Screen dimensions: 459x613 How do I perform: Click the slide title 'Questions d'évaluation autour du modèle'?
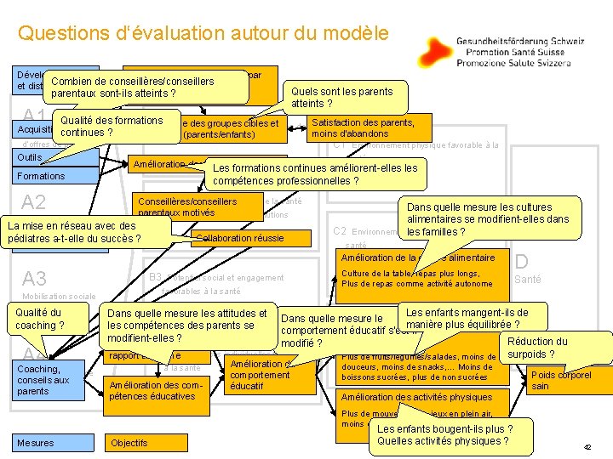[203, 34]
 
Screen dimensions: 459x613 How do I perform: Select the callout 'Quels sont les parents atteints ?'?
[341, 96]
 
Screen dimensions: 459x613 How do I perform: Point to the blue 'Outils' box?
[34, 158]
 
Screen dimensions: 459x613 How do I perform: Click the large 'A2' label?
[35, 202]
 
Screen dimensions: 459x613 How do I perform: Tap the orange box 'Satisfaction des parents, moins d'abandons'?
[364, 127]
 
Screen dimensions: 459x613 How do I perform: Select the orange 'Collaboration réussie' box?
[240, 238]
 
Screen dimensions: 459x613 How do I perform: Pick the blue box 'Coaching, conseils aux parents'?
[49, 380]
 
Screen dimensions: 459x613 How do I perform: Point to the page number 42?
[587, 447]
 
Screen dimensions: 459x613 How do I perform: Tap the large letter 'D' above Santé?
[522, 262]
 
